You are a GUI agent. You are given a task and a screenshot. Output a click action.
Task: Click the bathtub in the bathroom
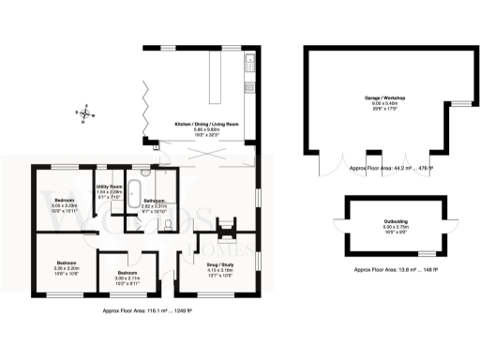(134, 194)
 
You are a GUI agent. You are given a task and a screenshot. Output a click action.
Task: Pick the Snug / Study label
(222, 269)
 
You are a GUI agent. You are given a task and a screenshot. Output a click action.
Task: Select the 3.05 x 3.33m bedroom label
(64, 206)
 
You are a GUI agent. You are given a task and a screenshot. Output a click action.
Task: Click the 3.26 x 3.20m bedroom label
(65, 266)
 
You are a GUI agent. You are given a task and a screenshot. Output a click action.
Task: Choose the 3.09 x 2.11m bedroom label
(127, 274)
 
